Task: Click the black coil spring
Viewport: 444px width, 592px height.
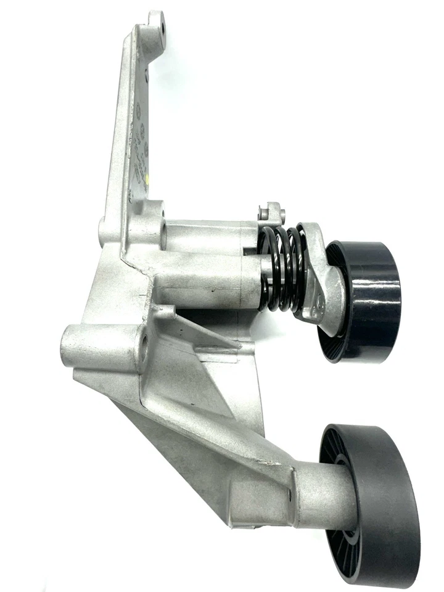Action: tap(282, 268)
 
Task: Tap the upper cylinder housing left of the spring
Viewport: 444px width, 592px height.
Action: tap(210, 237)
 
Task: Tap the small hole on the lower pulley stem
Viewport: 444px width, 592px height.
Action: tap(290, 493)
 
